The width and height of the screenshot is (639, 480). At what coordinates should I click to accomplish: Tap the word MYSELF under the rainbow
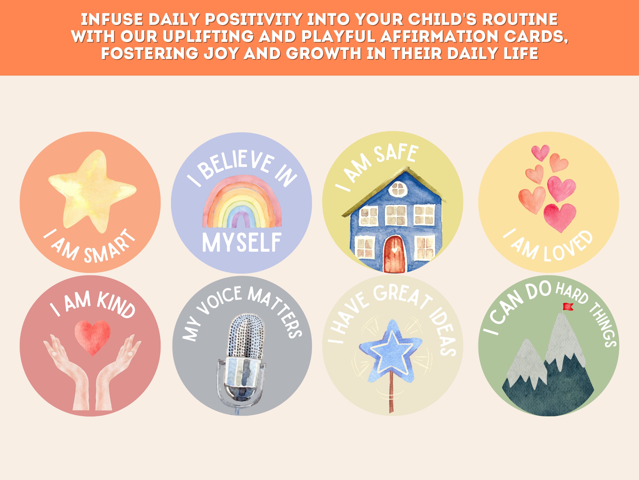pos(241,243)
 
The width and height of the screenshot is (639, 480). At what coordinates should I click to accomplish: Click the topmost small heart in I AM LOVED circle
pos(541,152)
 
